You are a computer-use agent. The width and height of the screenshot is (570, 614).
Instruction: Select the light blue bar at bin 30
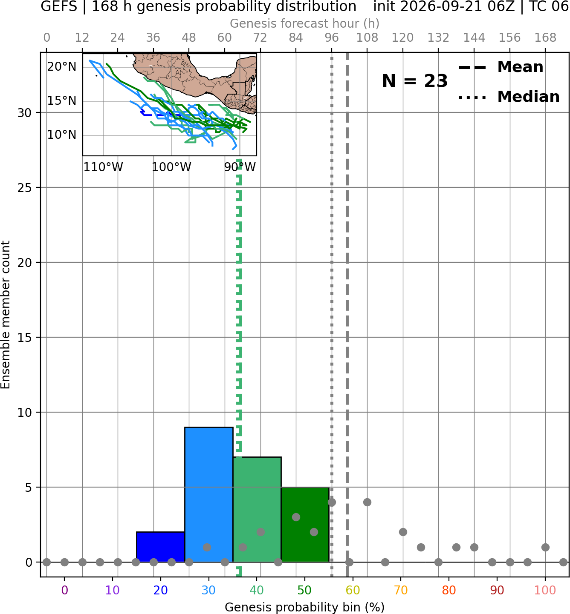(208, 495)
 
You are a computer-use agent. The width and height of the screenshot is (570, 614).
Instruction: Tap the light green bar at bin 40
(257, 510)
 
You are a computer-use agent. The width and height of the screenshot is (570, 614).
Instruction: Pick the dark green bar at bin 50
(305, 525)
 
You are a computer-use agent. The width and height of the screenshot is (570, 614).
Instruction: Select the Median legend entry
(509, 97)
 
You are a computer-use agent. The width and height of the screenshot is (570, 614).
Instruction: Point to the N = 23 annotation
(414, 81)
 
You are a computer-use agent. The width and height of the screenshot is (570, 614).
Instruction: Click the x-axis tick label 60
(353, 590)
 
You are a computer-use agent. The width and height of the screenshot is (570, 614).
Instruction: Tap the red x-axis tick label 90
(497, 590)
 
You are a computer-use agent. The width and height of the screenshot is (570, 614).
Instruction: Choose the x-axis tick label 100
(545, 590)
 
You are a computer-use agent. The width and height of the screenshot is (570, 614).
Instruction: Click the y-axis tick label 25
(25, 188)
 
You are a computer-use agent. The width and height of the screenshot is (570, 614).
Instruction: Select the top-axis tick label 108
(367, 38)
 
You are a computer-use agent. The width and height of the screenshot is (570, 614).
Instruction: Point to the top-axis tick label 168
(545, 38)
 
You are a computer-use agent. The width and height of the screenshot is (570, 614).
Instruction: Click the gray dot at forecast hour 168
(545, 547)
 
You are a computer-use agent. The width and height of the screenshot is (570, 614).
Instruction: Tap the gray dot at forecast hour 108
(367, 502)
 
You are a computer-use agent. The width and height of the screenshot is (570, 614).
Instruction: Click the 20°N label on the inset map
(62, 66)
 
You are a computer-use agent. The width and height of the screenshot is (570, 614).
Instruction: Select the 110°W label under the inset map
(103, 167)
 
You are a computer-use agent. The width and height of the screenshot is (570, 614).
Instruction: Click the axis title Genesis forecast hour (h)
(305, 23)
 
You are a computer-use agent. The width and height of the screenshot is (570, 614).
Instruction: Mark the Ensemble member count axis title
(5, 315)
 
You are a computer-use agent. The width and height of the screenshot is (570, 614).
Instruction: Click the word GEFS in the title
(59, 6)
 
